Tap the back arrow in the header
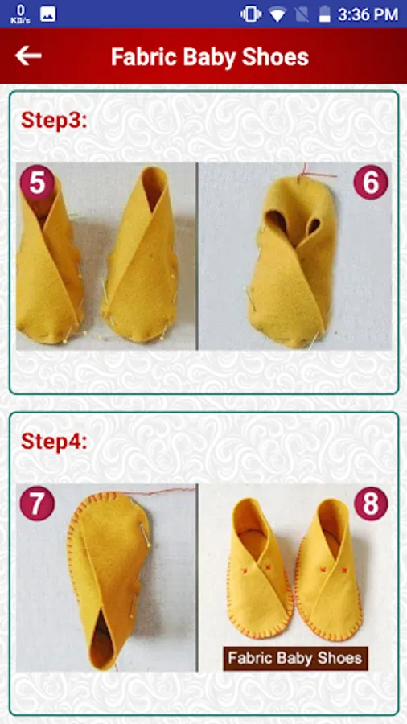point(28,56)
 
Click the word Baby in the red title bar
point(209,57)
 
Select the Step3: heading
point(54,121)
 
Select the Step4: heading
point(54,442)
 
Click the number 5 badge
point(37,183)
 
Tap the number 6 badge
point(371,183)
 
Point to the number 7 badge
point(37,504)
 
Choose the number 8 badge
point(371,504)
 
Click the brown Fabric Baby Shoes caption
point(295,658)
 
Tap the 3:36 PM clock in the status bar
point(368,14)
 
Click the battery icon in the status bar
point(325,14)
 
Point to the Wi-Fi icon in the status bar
point(277,14)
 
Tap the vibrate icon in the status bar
point(251,14)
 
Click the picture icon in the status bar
point(48,14)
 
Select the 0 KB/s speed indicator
point(21,14)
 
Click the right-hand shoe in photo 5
point(140,257)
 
